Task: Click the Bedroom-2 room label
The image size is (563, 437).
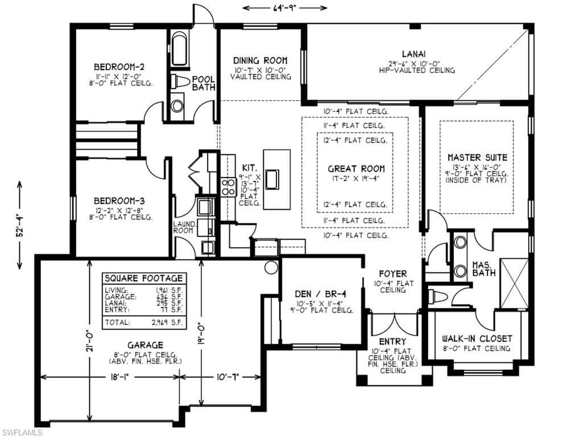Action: click(119, 67)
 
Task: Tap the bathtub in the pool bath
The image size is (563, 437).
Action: click(180, 49)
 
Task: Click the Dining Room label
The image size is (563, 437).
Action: click(260, 60)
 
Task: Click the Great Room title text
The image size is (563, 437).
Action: click(356, 168)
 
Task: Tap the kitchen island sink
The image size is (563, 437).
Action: click(272, 179)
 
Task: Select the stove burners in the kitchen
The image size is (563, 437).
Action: click(228, 187)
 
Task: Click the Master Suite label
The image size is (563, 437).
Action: click(478, 158)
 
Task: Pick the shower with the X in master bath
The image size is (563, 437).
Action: click(514, 283)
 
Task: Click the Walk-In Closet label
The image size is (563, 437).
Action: click(477, 339)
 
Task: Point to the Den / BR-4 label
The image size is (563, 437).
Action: click(321, 294)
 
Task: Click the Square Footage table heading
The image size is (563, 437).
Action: click(144, 278)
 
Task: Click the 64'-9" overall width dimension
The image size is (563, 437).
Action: click(285, 7)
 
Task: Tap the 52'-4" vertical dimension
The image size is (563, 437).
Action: click(19, 225)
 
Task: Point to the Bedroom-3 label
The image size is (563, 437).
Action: click(119, 201)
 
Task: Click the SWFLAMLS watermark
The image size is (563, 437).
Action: click(22, 432)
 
